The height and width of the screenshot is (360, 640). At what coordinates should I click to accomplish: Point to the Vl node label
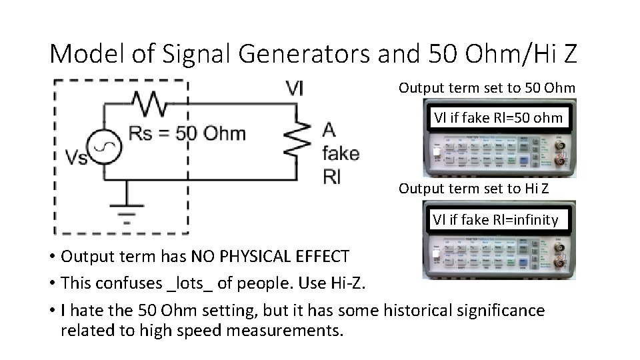[x=293, y=89]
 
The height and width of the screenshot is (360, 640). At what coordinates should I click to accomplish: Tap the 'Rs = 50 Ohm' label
[x=187, y=133]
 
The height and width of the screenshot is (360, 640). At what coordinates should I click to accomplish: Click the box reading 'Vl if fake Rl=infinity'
[x=496, y=219]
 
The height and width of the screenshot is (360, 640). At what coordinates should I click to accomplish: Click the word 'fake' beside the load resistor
[x=340, y=153]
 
